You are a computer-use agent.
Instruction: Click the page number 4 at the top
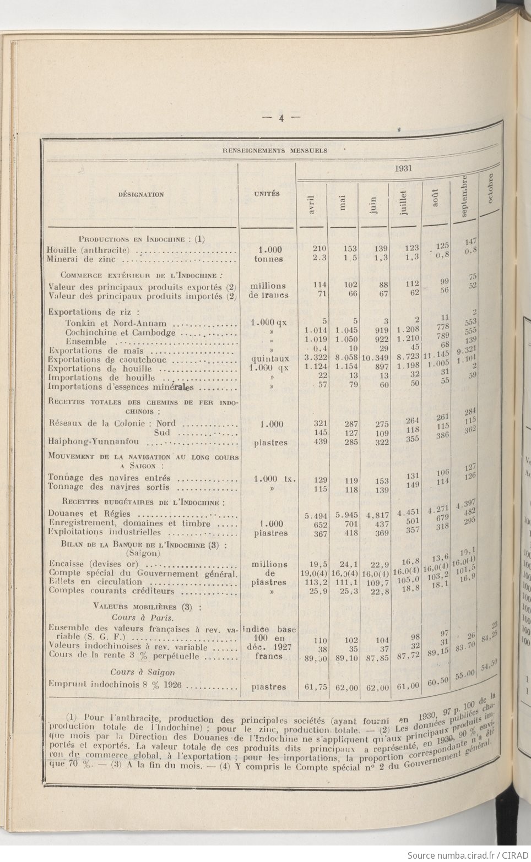click(x=280, y=117)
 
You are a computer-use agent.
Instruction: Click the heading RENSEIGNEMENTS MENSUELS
click(x=274, y=150)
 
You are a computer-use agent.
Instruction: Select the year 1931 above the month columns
click(x=403, y=168)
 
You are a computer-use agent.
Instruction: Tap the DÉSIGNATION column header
click(x=140, y=194)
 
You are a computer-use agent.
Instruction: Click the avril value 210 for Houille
click(x=319, y=249)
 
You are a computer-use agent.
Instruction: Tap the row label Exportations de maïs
click(x=96, y=351)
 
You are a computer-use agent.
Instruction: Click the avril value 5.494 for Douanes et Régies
click(x=316, y=515)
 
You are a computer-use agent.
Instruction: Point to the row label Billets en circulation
click(x=95, y=581)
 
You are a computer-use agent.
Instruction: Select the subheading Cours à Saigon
click(x=143, y=672)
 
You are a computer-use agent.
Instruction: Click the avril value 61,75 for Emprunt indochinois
click(x=316, y=687)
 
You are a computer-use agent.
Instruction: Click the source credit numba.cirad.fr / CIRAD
click(x=468, y=855)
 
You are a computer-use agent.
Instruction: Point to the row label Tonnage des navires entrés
click(x=109, y=478)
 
